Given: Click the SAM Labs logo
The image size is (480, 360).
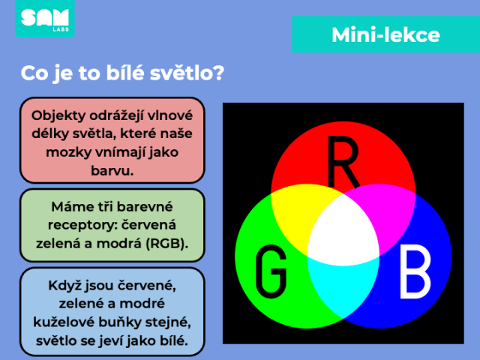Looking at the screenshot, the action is pos(45,18).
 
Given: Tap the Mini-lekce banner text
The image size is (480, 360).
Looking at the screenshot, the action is pos(385,35).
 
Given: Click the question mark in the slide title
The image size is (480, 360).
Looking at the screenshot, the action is pos(219,73).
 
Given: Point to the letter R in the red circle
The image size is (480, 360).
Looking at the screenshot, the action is pos(343,161).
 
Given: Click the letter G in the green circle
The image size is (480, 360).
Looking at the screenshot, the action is pos(271,271).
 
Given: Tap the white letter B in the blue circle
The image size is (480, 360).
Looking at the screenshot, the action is pos(415,271).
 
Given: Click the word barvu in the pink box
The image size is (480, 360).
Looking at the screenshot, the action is pos(112,170).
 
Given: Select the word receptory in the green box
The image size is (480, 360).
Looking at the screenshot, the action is pos(82,226).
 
